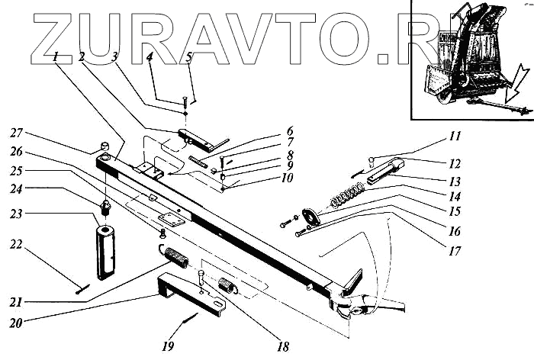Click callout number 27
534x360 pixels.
(17, 133)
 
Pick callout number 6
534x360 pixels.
(269, 130)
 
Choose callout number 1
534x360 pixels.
(56, 56)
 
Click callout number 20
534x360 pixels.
(16, 323)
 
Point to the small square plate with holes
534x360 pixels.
(172, 220)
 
